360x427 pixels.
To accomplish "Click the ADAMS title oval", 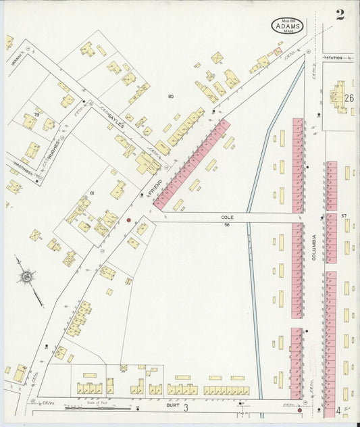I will tap(288, 26).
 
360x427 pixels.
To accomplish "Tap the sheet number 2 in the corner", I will tap(340, 16).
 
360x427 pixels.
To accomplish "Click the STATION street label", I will tap(334, 59).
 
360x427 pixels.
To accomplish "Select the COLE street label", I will tap(227, 218).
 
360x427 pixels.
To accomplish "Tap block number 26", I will tap(349, 98).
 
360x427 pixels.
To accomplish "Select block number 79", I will tap(28, 105).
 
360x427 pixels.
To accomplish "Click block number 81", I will tap(92, 193).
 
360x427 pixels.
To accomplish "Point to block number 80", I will tap(171, 97).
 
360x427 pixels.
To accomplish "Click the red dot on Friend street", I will tap(128, 220).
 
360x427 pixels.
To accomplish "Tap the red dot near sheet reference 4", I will tap(299, 409).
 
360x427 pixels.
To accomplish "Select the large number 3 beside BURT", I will tap(186, 407).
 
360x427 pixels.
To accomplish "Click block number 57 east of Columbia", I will tap(344, 216).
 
